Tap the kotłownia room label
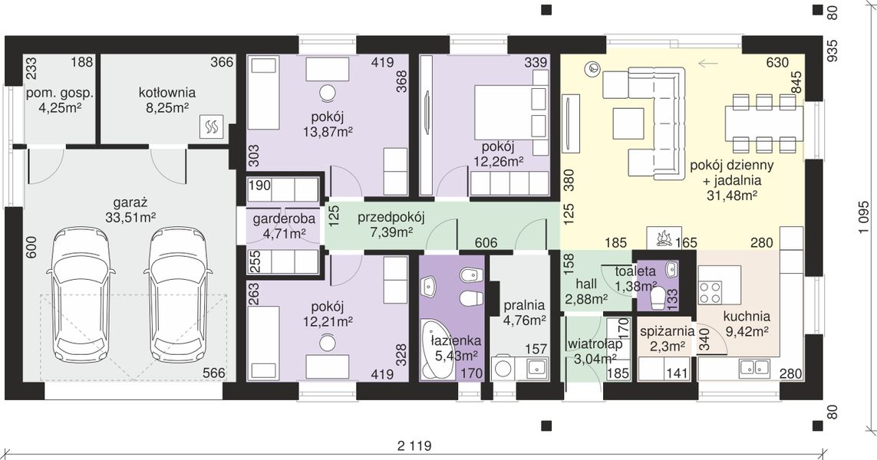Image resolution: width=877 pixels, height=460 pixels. click(166, 92)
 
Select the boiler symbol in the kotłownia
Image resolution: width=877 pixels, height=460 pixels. click(213, 126)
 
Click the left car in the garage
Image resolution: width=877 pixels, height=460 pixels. click(81, 294)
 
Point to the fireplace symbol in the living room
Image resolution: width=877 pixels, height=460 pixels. click(664, 238)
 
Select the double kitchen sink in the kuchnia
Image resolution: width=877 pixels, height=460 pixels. click(754, 367)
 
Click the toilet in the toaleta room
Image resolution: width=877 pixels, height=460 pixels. click(658, 298)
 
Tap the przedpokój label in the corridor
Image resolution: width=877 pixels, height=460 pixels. click(391, 217)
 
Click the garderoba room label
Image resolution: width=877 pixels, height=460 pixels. click(284, 219)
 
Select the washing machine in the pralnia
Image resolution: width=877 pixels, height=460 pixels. click(505, 368)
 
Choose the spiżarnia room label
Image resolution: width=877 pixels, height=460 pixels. click(668, 331)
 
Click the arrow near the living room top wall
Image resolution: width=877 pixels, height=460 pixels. click(708, 63)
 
